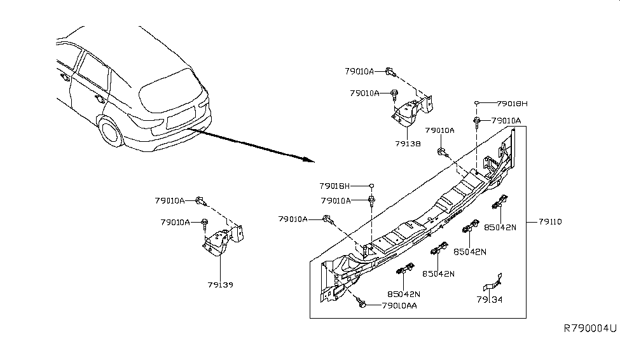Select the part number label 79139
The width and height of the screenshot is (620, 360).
coord(220,284)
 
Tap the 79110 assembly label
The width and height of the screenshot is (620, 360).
coord(550,221)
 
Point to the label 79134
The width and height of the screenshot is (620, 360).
coord(490,299)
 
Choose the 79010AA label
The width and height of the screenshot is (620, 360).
coord(401,306)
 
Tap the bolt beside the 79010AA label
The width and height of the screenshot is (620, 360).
coord(362,303)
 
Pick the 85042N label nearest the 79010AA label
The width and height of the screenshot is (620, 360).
coord(405,294)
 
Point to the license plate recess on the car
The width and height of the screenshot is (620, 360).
coord(180,119)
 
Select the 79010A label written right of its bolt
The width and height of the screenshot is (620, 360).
coord(506,120)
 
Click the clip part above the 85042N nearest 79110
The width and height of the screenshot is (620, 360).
coord(500,203)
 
